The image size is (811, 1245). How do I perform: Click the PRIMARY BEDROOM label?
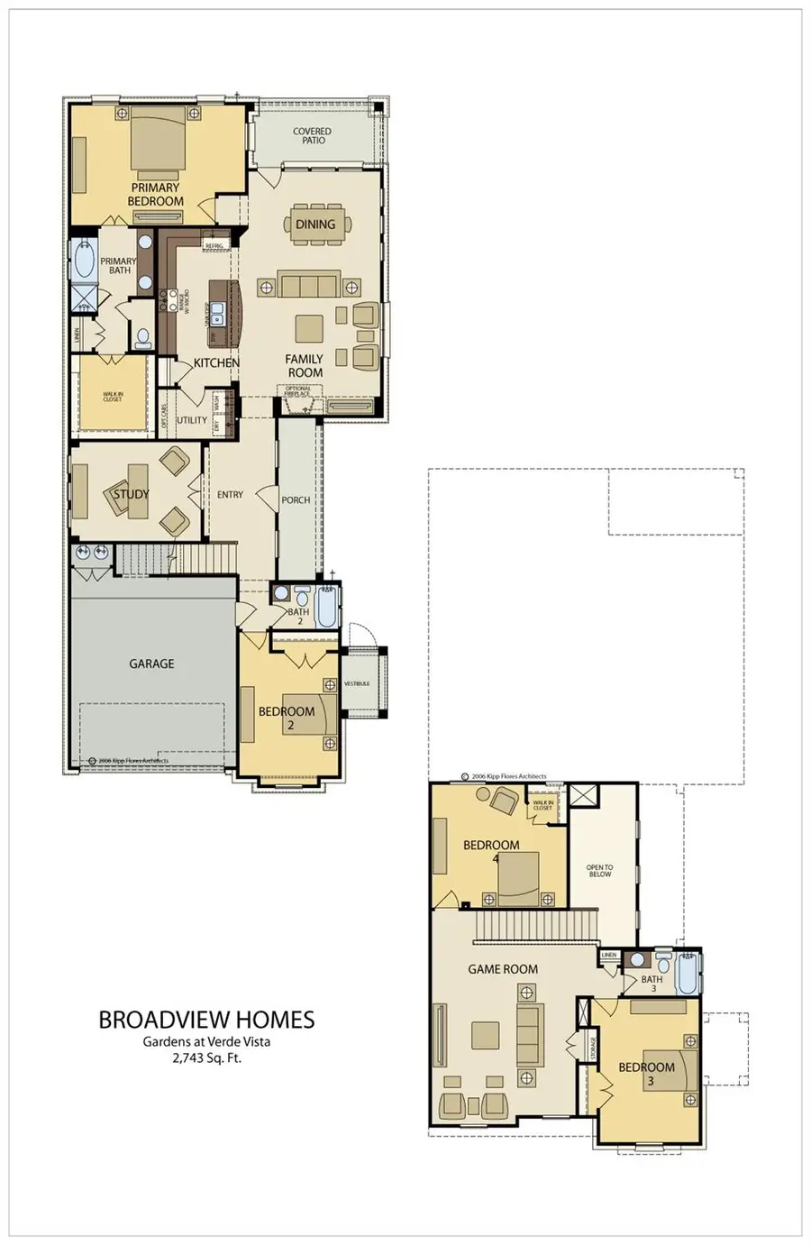tap(155, 195)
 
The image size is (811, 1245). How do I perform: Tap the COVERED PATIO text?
tap(312, 136)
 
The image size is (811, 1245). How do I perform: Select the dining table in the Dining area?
tap(315, 224)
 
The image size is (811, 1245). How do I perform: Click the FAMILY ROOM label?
tap(305, 365)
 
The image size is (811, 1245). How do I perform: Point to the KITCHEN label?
tap(216, 362)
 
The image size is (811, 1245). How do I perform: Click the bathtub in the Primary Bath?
tap(84, 260)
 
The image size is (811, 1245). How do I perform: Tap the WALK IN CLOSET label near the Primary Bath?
tap(112, 397)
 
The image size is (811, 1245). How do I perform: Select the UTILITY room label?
tap(191, 420)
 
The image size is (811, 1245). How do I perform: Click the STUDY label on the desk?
tap(131, 494)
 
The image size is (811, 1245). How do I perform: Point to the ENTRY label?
tap(230, 494)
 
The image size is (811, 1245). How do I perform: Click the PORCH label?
tap(296, 499)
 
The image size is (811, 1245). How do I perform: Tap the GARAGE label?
tap(151, 664)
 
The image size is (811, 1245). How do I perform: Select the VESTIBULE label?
tap(357, 683)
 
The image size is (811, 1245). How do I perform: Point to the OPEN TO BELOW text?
tap(599, 871)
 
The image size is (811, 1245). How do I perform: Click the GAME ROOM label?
tap(503, 969)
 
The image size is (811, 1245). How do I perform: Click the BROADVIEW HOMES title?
tap(206, 1020)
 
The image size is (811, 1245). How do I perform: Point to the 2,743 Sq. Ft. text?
tap(206, 1058)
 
